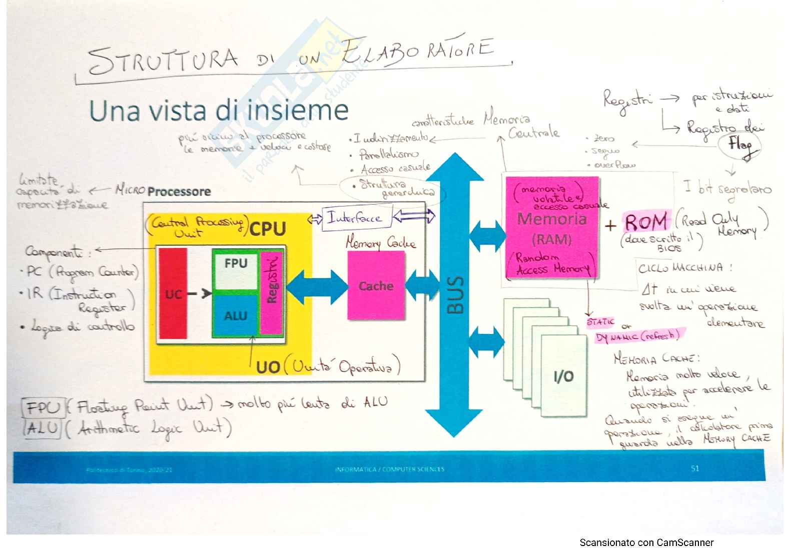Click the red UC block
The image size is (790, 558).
click(x=173, y=294)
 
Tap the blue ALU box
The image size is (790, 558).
click(x=235, y=316)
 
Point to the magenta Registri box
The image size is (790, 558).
click(x=272, y=292)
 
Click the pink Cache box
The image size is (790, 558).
click(x=376, y=285)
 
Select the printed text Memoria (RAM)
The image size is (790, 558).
click(x=551, y=229)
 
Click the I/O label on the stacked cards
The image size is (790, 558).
click(x=563, y=376)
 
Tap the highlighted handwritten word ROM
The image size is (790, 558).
click(x=646, y=221)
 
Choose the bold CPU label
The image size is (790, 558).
click(x=268, y=229)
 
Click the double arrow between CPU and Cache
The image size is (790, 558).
click(x=317, y=286)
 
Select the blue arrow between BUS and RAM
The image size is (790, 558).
click(x=487, y=235)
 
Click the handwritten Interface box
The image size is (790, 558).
click(x=354, y=218)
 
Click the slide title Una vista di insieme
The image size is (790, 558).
click(x=219, y=110)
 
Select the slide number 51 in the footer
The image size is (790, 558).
click(x=694, y=468)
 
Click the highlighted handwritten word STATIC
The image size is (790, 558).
click(x=600, y=322)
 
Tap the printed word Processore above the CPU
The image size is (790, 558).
click(x=179, y=191)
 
